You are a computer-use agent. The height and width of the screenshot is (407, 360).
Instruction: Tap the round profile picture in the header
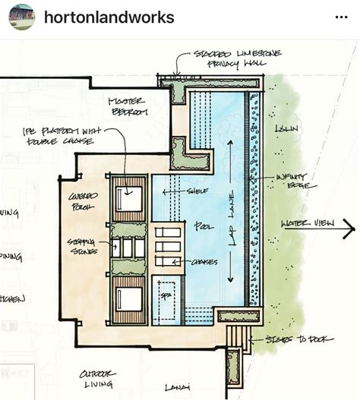point(21,17)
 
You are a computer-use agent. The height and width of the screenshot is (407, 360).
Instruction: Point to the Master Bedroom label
point(128,106)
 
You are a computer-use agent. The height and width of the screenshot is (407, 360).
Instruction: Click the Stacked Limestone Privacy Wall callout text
point(226,59)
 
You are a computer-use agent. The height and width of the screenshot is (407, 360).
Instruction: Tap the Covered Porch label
point(83,201)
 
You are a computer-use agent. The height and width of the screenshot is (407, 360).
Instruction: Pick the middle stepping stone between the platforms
point(128,248)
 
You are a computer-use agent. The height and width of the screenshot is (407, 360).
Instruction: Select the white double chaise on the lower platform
point(128,298)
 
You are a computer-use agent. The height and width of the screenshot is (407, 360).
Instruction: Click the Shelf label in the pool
point(197,191)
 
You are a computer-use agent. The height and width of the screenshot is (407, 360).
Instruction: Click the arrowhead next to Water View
point(348,226)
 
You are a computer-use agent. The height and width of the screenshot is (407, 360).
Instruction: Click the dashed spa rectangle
point(168,297)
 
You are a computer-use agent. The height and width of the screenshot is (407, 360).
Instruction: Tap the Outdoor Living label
point(98,379)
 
